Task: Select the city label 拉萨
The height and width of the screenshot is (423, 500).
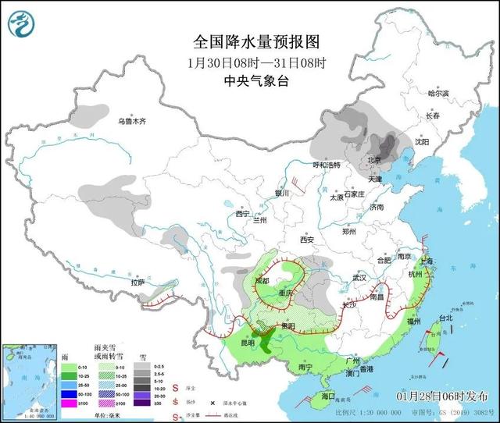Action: (138, 283)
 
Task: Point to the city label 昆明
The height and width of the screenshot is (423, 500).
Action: (246, 343)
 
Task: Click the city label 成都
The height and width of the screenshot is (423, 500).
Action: (261, 280)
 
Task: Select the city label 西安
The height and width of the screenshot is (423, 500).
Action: (306, 240)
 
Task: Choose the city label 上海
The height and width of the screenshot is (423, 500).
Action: (426, 261)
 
